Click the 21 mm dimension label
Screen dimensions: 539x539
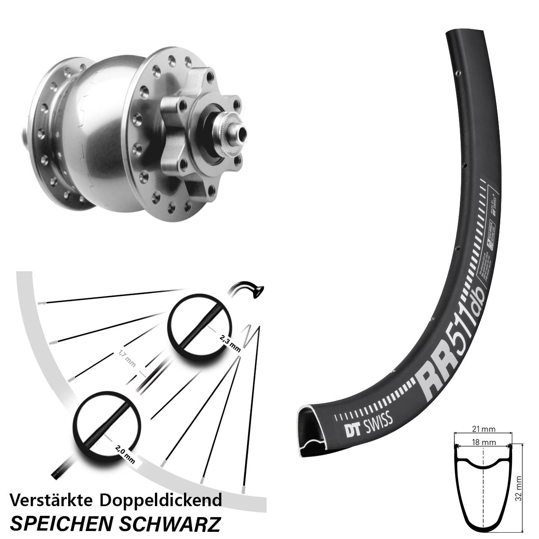483,429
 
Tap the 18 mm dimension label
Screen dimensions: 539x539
483,443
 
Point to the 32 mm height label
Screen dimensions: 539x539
518,489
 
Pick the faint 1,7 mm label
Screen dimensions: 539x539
126,358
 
